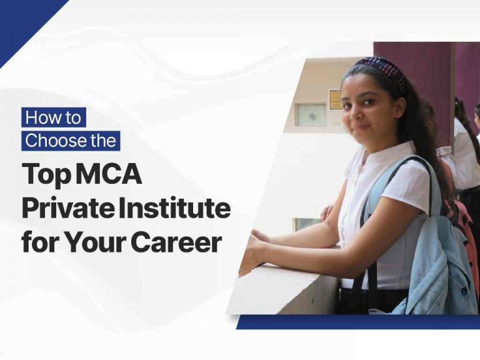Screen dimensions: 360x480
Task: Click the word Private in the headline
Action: pos(57,209)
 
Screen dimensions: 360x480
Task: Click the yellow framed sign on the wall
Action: pos(336,99)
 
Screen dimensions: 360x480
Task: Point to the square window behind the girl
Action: pos(310,115)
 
